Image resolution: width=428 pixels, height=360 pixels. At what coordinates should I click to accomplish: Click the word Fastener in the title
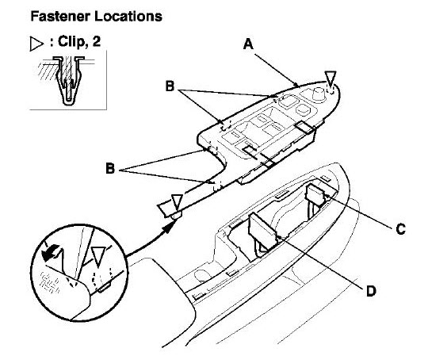[60, 16]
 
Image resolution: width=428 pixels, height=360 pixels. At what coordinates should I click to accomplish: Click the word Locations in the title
[128, 16]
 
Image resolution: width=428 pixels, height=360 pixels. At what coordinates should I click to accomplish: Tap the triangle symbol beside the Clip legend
[36, 44]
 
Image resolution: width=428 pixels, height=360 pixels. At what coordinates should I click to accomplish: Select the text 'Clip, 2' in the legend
[79, 42]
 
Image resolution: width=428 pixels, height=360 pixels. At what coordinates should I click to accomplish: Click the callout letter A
[248, 44]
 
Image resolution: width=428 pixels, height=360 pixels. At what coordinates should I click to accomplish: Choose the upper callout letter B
[170, 86]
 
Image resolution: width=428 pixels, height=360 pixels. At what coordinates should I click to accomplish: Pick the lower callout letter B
[110, 168]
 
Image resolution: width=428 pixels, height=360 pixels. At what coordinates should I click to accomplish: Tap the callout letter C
[400, 229]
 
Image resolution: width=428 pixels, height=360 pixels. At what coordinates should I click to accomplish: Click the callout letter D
[371, 291]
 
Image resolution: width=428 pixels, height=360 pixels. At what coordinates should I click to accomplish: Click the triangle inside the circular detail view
[98, 256]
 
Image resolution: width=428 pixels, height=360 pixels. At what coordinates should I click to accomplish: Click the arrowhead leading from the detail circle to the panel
[169, 226]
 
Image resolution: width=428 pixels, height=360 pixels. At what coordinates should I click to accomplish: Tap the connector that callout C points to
[315, 195]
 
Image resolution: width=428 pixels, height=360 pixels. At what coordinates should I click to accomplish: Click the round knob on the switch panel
[318, 94]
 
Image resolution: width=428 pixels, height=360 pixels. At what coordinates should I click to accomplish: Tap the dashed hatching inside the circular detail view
[50, 282]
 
